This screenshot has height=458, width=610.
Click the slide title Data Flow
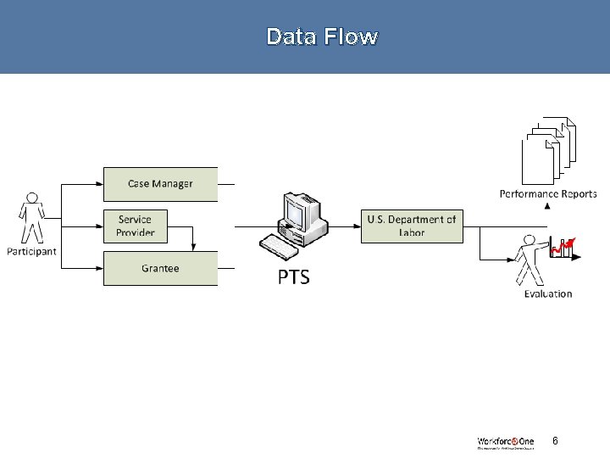pyautogui.click(x=322, y=36)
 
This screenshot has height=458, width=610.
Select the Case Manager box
pyautogui.click(x=160, y=184)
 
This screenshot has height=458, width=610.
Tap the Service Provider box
pyautogui.click(x=136, y=226)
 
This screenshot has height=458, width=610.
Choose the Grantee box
pyautogui.click(x=160, y=268)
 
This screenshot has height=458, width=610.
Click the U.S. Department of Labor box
pyautogui.click(x=412, y=226)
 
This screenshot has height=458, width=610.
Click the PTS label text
pyautogui.click(x=294, y=277)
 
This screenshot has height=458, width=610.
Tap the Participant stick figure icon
pyautogui.click(x=31, y=218)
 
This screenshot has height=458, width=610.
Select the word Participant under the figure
pyautogui.click(x=31, y=251)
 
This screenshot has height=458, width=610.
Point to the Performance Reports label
pyautogui.click(x=548, y=194)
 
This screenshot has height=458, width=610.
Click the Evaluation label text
pyautogui.click(x=548, y=294)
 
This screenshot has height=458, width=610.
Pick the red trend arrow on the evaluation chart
pyautogui.click(x=564, y=247)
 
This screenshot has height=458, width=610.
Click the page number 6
pyautogui.click(x=555, y=441)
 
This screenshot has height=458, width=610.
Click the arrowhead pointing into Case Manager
pyautogui.click(x=99, y=184)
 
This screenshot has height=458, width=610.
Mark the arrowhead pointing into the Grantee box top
pyautogui.click(x=194, y=247)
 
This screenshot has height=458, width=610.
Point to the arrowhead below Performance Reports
pyautogui.click(x=547, y=205)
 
